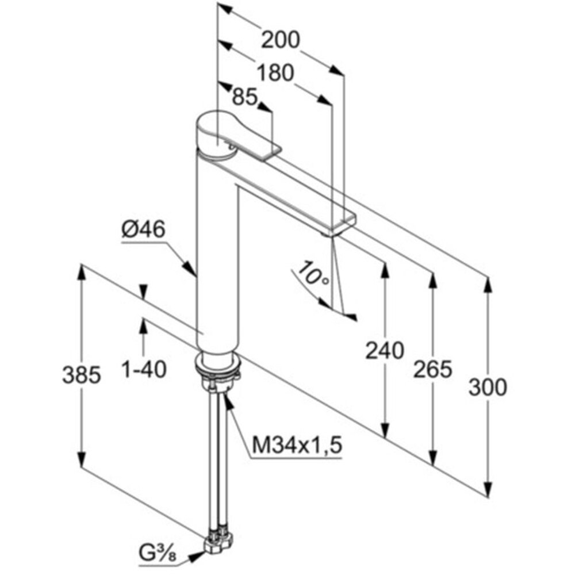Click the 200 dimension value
281,40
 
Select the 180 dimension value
274,73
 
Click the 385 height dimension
82,375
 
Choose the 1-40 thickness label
144,369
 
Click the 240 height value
385,350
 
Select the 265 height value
432,369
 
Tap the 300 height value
488,388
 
